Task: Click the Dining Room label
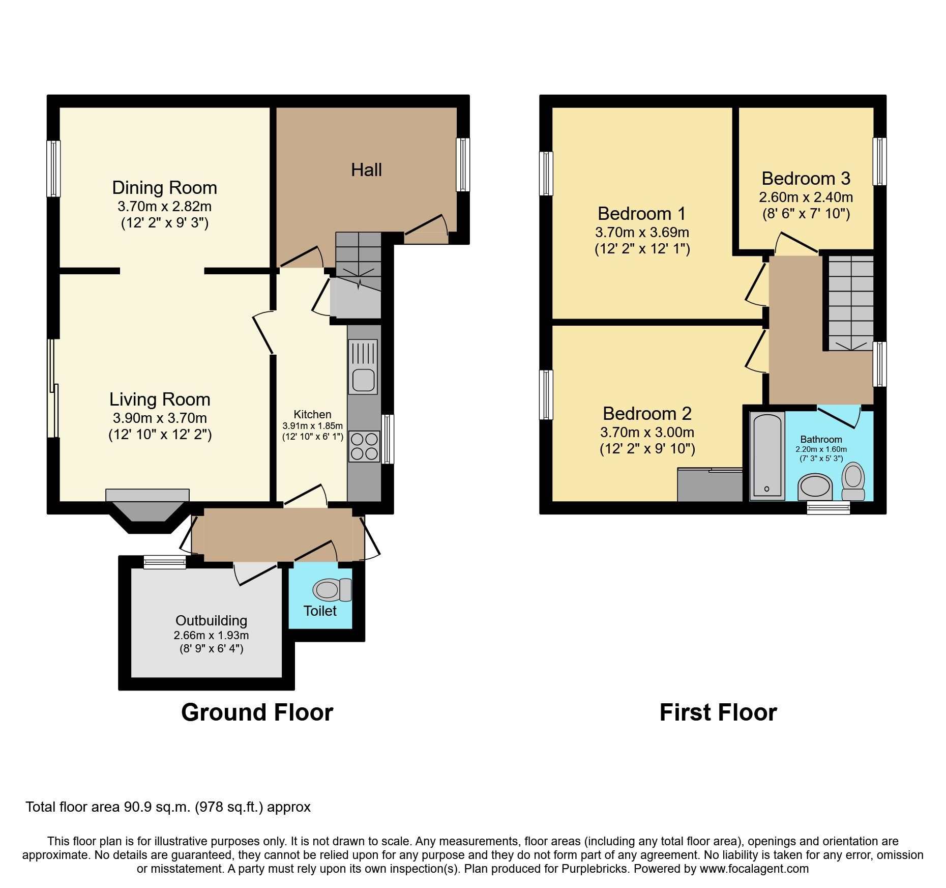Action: (x=164, y=188)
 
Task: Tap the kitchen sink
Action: (x=363, y=380)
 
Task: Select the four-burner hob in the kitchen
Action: (x=364, y=446)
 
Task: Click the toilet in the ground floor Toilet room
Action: (x=331, y=590)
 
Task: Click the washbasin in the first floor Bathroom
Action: (x=815, y=486)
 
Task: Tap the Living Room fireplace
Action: (x=147, y=506)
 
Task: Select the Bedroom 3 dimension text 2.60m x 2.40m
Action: (x=806, y=197)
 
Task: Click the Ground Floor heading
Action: (x=257, y=712)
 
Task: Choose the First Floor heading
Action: (x=718, y=712)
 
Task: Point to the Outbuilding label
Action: (x=211, y=620)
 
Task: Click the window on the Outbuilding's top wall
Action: (x=165, y=562)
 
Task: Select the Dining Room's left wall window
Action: (x=53, y=168)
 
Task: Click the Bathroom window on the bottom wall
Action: (x=828, y=507)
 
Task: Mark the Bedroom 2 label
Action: (x=647, y=414)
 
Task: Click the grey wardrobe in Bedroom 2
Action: (x=710, y=484)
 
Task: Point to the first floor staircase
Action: (x=850, y=303)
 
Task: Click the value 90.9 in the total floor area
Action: (x=138, y=807)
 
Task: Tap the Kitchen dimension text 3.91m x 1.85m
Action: (x=312, y=425)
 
